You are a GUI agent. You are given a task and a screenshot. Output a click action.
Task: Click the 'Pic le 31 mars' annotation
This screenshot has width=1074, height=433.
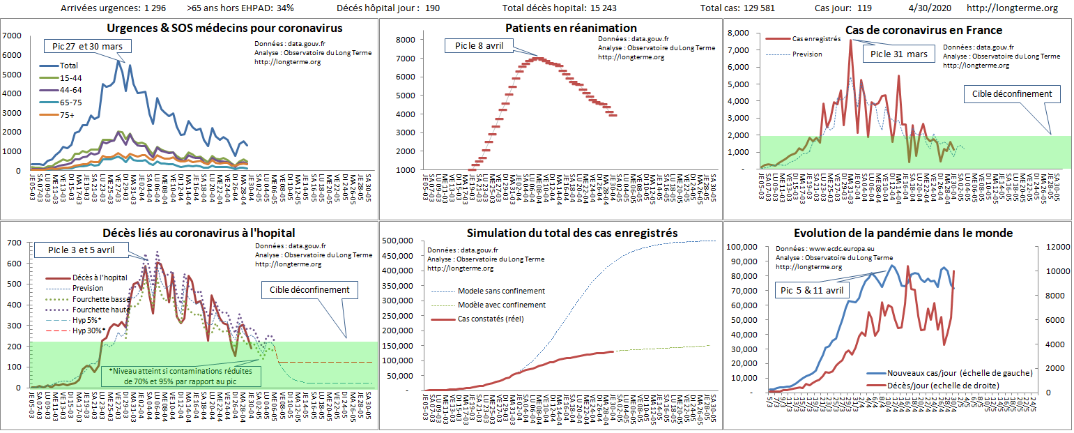coord(898,54)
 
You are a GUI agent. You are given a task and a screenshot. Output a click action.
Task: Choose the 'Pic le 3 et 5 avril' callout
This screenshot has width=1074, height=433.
coord(81,250)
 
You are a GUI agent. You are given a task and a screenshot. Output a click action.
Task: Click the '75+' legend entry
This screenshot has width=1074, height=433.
coord(66,116)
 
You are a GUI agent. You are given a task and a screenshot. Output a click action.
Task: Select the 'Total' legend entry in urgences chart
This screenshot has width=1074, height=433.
coord(69,66)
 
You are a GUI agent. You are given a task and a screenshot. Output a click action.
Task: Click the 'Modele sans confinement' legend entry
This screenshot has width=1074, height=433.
coord(501,291)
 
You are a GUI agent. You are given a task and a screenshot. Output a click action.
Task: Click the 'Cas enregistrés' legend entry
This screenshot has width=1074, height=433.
coord(816,39)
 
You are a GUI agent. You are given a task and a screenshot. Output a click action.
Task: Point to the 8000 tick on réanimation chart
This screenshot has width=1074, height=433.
coord(404,40)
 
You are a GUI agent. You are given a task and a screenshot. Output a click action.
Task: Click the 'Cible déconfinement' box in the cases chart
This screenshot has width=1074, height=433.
coord(1012,93)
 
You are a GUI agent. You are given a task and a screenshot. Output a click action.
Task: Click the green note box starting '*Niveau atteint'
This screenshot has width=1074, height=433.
coord(181,377)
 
